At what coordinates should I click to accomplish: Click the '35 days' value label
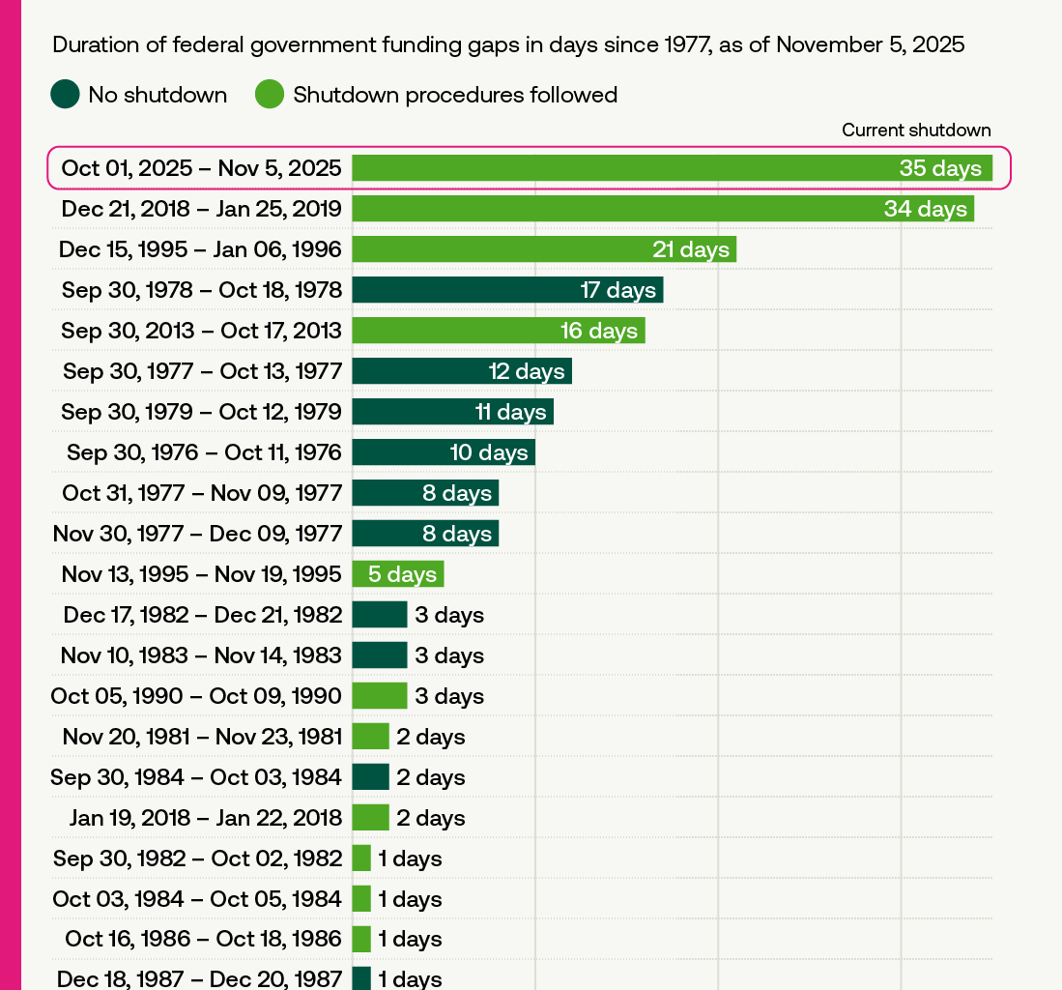click(x=939, y=168)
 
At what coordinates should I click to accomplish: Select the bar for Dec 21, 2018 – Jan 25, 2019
click(x=662, y=209)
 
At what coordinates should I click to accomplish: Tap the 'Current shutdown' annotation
click(x=916, y=131)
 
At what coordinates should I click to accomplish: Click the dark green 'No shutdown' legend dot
click(x=65, y=95)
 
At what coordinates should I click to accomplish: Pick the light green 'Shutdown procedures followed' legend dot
click(x=270, y=95)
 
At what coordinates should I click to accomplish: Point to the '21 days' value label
click(x=690, y=249)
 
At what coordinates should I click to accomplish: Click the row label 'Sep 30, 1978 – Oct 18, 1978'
click(x=201, y=290)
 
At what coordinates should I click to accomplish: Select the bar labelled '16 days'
click(x=498, y=331)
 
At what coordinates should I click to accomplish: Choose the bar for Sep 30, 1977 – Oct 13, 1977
click(x=461, y=371)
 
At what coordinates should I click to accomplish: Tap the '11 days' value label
click(x=510, y=412)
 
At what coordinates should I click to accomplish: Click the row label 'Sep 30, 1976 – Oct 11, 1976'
click(x=204, y=452)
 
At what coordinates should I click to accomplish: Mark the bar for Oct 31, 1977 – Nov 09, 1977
click(x=425, y=493)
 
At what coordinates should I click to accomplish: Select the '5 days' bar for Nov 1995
click(x=397, y=574)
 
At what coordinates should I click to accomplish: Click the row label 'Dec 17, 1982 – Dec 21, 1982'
click(x=202, y=615)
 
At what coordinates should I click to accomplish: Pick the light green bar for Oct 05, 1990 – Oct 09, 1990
click(x=379, y=696)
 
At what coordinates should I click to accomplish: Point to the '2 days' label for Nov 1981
click(x=431, y=737)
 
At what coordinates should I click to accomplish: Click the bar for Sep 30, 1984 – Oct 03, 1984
click(x=370, y=777)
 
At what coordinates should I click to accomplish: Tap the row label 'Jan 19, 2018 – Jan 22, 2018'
click(x=205, y=818)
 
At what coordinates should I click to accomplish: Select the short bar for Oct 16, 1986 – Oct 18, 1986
click(x=361, y=939)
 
